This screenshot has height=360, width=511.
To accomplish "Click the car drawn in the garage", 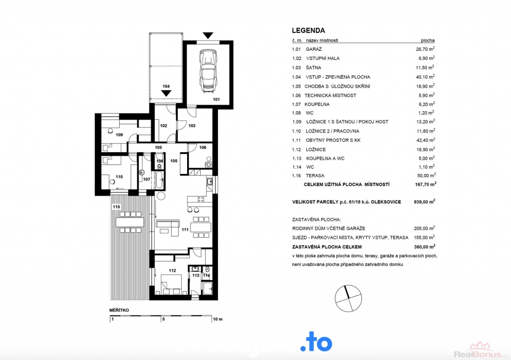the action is click(208, 71).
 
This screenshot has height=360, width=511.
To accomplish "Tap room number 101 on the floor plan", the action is click(217, 99).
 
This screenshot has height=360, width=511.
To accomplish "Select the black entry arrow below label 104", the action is click(166, 93).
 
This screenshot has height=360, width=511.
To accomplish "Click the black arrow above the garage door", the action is click(208, 35).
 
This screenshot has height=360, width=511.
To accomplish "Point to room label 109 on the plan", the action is click(119, 135).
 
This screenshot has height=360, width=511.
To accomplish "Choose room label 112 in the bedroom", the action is click(172, 270).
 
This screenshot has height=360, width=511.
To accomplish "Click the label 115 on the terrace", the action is click(116, 207).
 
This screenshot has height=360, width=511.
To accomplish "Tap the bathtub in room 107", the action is click(159, 180).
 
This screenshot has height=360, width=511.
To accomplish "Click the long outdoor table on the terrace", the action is click(130, 222).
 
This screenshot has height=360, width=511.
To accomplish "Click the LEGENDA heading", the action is click(308, 30).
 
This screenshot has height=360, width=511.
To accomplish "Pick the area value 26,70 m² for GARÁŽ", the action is click(425, 49).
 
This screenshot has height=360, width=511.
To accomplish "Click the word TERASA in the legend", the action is click(315, 176).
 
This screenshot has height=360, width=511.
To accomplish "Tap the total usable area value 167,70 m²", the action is click(426, 184).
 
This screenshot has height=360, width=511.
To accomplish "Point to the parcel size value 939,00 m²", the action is click(424, 202).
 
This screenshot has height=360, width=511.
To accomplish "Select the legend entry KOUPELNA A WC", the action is click(325, 159).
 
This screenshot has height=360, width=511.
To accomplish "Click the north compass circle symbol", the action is click(348, 298).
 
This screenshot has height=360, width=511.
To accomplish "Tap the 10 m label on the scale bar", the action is click(218, 319).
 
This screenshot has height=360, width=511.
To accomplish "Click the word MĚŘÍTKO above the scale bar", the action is click(119, 310).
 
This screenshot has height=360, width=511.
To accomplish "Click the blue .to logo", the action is click(316, 342).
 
